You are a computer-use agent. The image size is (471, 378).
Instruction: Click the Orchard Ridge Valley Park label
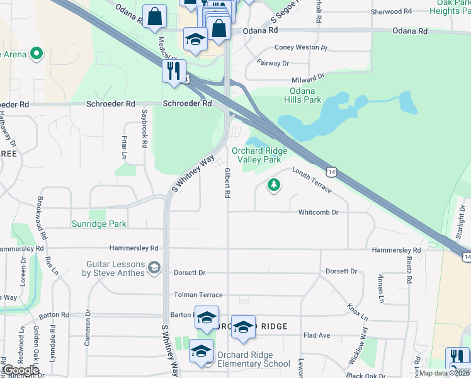pos(259,155)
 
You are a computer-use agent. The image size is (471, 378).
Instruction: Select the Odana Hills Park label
pos(302,94)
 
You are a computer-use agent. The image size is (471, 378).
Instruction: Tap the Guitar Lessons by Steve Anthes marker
pos(154,269)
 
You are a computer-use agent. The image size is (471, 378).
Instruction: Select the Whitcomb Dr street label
pos(319,212)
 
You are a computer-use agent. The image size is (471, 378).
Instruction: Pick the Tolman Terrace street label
pos(198,295)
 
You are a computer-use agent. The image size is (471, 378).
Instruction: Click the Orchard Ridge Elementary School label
pos(254,358)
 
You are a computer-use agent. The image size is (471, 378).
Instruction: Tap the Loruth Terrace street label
pos(312,178)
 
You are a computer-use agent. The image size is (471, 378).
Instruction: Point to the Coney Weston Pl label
pos(301,47)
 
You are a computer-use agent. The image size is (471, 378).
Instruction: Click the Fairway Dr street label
pos(273,63)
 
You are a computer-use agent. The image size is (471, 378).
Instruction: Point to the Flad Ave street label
pos(317,335)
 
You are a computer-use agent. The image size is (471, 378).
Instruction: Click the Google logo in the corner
pos(20,370)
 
